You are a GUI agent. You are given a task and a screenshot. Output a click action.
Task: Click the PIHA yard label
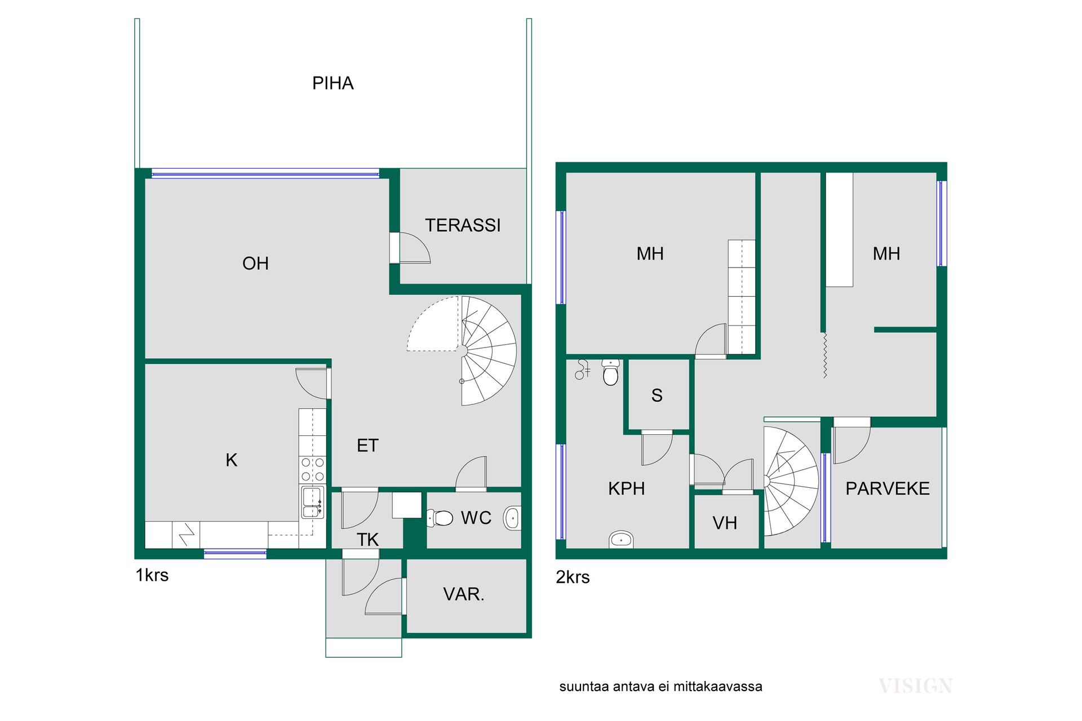click(332, 83)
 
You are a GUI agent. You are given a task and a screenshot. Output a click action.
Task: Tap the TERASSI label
click(463, 225)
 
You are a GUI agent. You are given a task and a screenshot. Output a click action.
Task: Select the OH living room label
click(255, 263)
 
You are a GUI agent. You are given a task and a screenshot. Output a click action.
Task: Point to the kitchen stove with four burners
click(312, 470)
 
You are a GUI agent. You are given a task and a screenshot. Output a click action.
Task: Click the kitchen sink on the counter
click(312, 502)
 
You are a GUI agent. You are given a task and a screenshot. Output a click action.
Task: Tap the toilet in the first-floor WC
click(440, 518)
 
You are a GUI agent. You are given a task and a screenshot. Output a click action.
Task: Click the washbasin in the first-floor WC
click(512, 518)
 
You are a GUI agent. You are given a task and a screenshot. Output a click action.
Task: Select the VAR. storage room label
click(464, 594)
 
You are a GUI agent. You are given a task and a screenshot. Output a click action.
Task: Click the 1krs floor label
click(152, 575)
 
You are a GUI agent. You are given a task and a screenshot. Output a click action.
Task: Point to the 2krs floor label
click(573, 577)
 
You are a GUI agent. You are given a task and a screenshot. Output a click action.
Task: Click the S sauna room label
click(657, 395)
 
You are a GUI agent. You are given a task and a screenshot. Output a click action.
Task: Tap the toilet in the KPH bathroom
click(611, 372)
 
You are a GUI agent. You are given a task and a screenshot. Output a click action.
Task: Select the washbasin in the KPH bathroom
click(621, 540)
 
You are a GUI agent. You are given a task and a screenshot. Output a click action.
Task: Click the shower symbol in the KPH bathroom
click(582, 370)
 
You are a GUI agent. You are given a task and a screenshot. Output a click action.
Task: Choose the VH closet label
click(725, 523)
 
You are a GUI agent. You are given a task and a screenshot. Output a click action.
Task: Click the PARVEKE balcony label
click(888, 489)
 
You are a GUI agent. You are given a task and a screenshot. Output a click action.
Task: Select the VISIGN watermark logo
click(916, 686)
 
